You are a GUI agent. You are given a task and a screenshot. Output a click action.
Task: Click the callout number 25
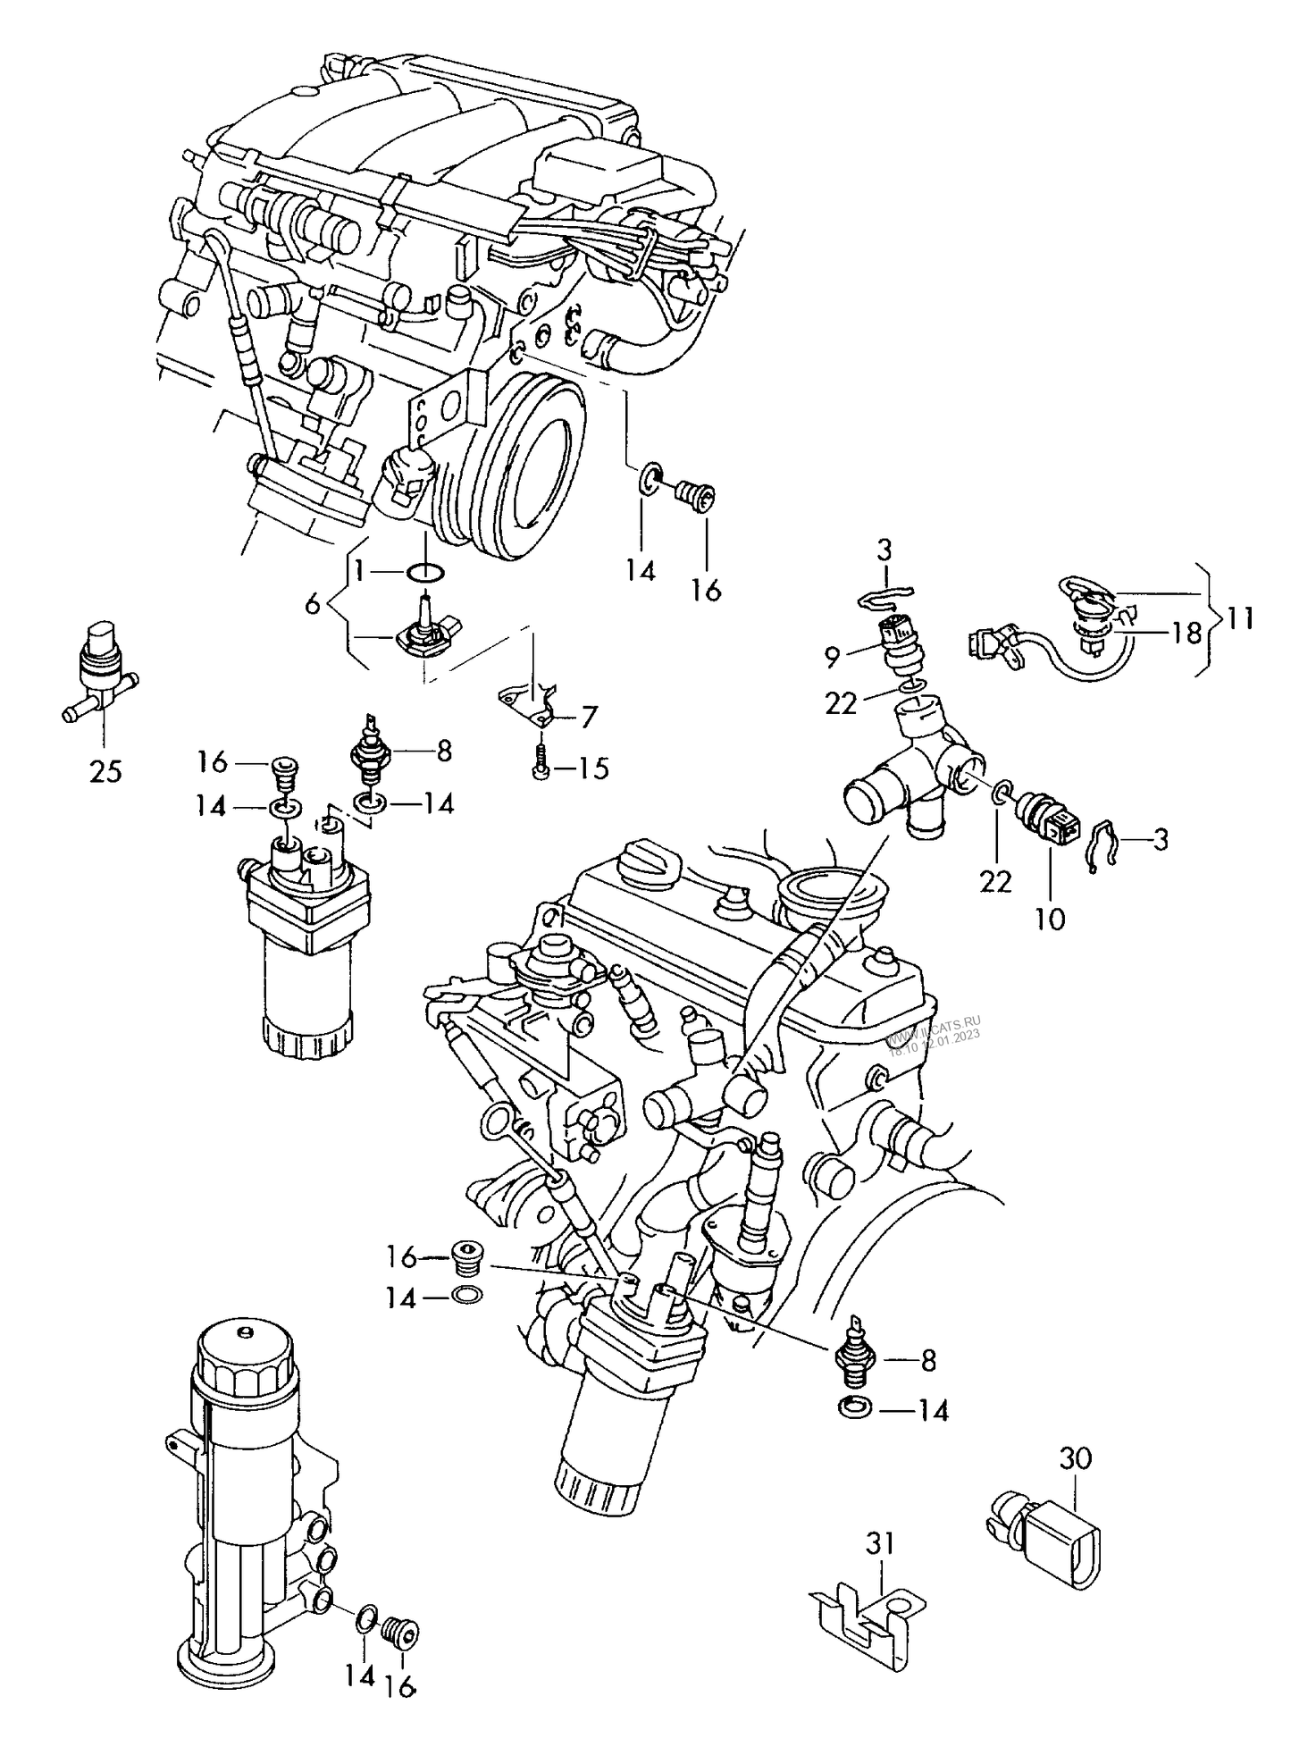click(x=105, y=769)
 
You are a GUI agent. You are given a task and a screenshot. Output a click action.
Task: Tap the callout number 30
click(x=1075, y=1458)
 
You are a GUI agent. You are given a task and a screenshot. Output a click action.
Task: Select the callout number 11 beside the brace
click(x=1240, y=617)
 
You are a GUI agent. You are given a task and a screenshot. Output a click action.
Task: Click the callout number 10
click(x=1051, y=919)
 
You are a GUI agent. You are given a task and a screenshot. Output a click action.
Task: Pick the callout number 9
click(x=832, y=657)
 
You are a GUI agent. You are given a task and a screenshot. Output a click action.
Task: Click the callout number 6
click(x=312, y=605)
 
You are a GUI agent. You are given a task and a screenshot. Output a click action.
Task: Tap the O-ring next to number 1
click(x=425, y=571)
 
